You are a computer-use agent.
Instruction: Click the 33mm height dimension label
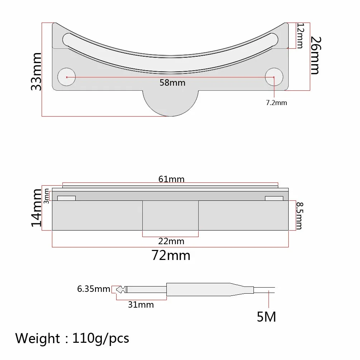point(36,72)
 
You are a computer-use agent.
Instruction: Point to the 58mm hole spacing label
point(172,83)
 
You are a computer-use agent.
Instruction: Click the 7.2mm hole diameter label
point(276,103)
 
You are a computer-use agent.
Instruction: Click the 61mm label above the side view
point(171,179)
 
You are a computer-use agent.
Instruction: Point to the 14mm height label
point(37,208)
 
